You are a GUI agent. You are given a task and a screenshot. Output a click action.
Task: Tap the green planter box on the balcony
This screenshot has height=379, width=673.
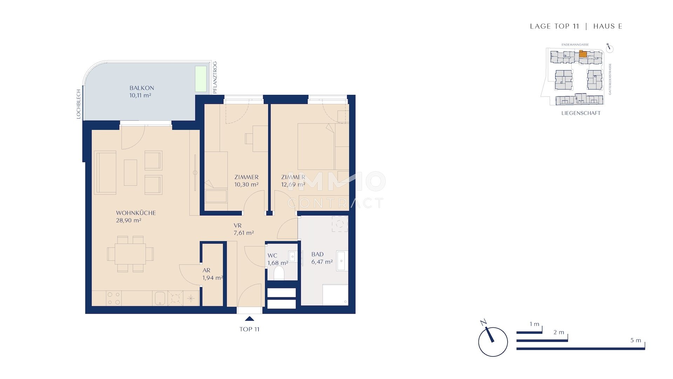click(x=201, y=79)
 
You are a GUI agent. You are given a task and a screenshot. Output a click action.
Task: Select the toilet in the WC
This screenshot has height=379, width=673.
click(x=279, y=273)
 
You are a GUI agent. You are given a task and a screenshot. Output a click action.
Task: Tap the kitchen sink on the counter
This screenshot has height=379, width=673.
click(x=159, y=298)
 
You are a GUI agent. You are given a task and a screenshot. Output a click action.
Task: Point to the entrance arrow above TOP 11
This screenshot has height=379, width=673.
click(x=250, y=319)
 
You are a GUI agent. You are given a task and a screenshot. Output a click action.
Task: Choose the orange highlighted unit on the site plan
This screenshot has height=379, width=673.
click(x=582, y=54)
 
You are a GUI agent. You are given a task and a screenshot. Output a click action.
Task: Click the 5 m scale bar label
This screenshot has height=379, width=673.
click(x=635, y=340)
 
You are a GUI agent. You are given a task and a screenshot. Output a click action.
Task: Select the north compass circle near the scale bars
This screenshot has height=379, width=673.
click(x=493, y=342)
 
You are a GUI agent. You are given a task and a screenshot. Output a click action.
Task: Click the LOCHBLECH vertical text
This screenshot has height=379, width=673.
click(x=79, y=104)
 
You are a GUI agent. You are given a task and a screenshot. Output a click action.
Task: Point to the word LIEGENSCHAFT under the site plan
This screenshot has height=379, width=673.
click(x=581, y=113)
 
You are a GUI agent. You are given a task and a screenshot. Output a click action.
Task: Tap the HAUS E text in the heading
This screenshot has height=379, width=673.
click(x=607, y=26)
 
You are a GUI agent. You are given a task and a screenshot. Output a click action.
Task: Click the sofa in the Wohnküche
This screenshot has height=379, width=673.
click(x=105, y=173)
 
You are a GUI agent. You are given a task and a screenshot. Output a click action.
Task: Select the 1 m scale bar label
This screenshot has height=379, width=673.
click(x=534, y=324)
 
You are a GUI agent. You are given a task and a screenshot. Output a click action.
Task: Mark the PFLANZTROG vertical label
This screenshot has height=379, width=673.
click(x=215, y=77)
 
